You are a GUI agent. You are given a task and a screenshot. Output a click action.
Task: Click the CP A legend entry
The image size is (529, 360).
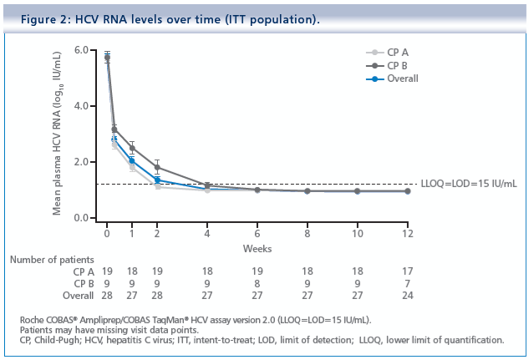coord(397,51)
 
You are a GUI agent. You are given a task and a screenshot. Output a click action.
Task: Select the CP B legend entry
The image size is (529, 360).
coord(397,64)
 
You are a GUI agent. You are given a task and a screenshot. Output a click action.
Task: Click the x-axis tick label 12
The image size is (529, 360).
coord(406,233)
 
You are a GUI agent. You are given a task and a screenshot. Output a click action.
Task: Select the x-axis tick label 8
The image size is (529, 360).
coord(307,233)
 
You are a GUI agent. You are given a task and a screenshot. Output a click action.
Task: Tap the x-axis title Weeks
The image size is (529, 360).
coord(257,247)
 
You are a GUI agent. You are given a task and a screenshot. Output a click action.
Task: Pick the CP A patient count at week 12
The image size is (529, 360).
coord(407,271)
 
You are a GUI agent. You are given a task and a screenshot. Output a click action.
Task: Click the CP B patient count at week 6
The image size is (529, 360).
coord(257,283)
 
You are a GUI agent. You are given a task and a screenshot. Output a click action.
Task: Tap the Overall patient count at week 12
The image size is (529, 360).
coord(407,296)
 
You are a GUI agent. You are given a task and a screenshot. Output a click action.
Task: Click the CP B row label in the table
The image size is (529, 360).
coord(79,283)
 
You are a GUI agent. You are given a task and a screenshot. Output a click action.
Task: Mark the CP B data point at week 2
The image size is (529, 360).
coord(157,167)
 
